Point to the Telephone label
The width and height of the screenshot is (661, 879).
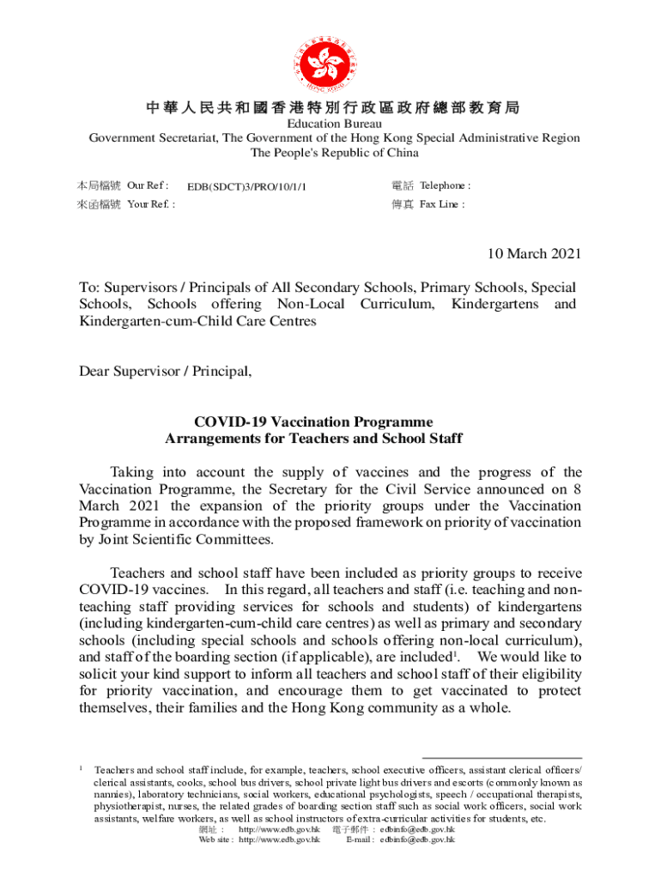tap(445, 185)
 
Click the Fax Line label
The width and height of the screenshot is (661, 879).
tap(442, 204)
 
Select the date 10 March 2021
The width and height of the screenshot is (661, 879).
tap(534, 253)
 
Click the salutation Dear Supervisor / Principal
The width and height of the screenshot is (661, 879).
tap(166, 371)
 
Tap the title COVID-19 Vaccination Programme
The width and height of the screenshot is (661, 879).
tap(313, 422)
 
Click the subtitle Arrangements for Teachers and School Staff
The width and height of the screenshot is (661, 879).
tap(313, 439)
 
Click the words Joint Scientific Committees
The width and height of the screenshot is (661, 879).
tap(181, 539)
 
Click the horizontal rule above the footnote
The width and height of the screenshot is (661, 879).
tap(502, 758)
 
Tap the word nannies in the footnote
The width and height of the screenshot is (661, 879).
tap(112, 795)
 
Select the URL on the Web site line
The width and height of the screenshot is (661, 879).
tap(279, 840)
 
